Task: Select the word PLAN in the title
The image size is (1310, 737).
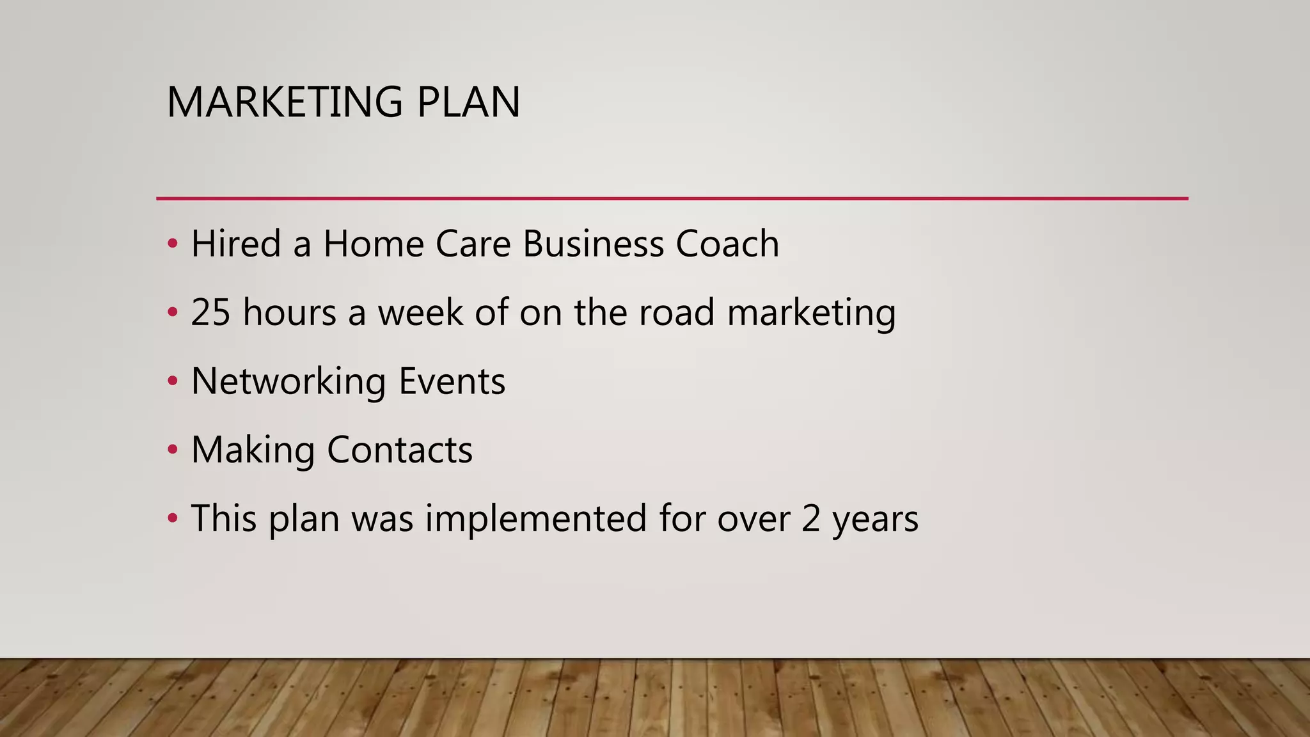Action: pos(468,102)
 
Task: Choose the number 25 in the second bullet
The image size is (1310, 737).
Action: pos(210,312)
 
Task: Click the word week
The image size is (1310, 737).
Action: pos(420,312)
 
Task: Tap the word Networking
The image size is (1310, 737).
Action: pos(288,381)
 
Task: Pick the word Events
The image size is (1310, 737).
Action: pos(452,381)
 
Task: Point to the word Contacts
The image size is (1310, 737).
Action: pos(400,450)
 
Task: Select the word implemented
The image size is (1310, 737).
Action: pos(536,518)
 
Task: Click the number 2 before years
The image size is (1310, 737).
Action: pos(810,518)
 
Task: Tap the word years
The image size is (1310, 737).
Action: pos(875,519)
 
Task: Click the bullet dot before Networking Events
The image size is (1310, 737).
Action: pos(172,381)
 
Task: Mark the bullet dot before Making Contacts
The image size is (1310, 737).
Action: pos(172,450)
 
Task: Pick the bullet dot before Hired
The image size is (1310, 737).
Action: pos(172,244)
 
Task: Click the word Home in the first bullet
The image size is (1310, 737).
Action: pos(374,244)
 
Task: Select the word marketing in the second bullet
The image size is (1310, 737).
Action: pos(811,313)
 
